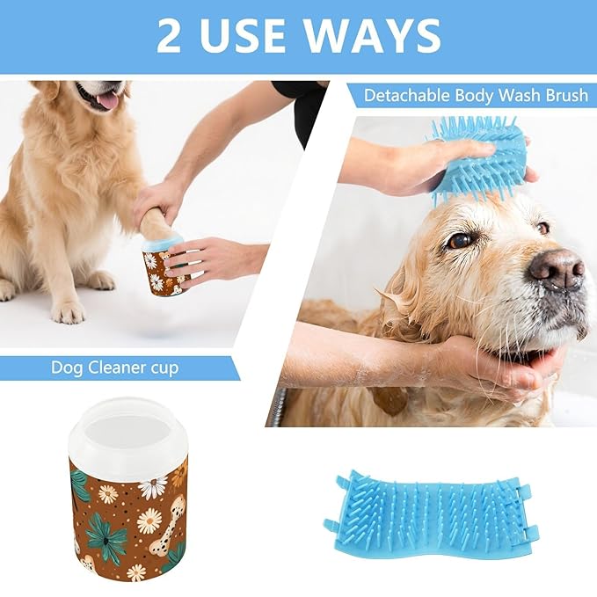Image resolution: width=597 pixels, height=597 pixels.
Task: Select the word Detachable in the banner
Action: tap(407, 95)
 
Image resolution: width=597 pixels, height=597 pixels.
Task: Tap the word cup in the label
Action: tap(162, 368)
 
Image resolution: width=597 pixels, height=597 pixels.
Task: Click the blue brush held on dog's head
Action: tap(479, 158)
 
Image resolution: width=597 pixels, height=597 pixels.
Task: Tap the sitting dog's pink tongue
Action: tap(107, 99)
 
